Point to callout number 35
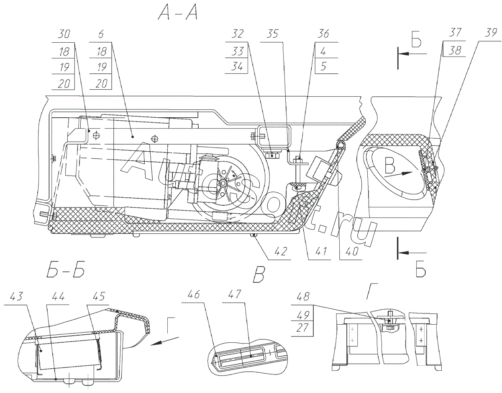coord(273,35)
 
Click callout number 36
coord(323,35)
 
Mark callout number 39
coord(489,35)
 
